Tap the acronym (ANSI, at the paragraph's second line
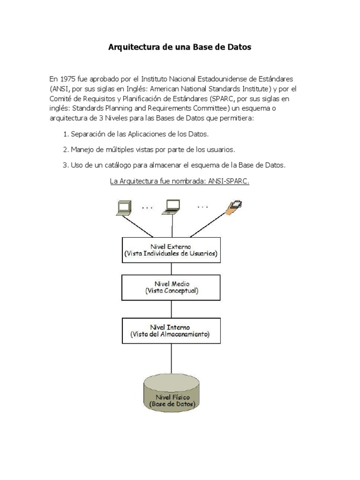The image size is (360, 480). (60, 88)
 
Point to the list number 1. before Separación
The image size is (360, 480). (66, 134)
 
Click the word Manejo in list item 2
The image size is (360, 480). (82, 150)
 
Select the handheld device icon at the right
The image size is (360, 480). (233, 208)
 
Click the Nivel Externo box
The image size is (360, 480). (171, 250)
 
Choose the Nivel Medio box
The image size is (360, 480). (171, 287)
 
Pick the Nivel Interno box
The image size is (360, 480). (171, 331)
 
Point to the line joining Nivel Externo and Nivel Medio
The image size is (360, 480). (171, 269)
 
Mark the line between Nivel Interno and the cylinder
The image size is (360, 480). (171, 359)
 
